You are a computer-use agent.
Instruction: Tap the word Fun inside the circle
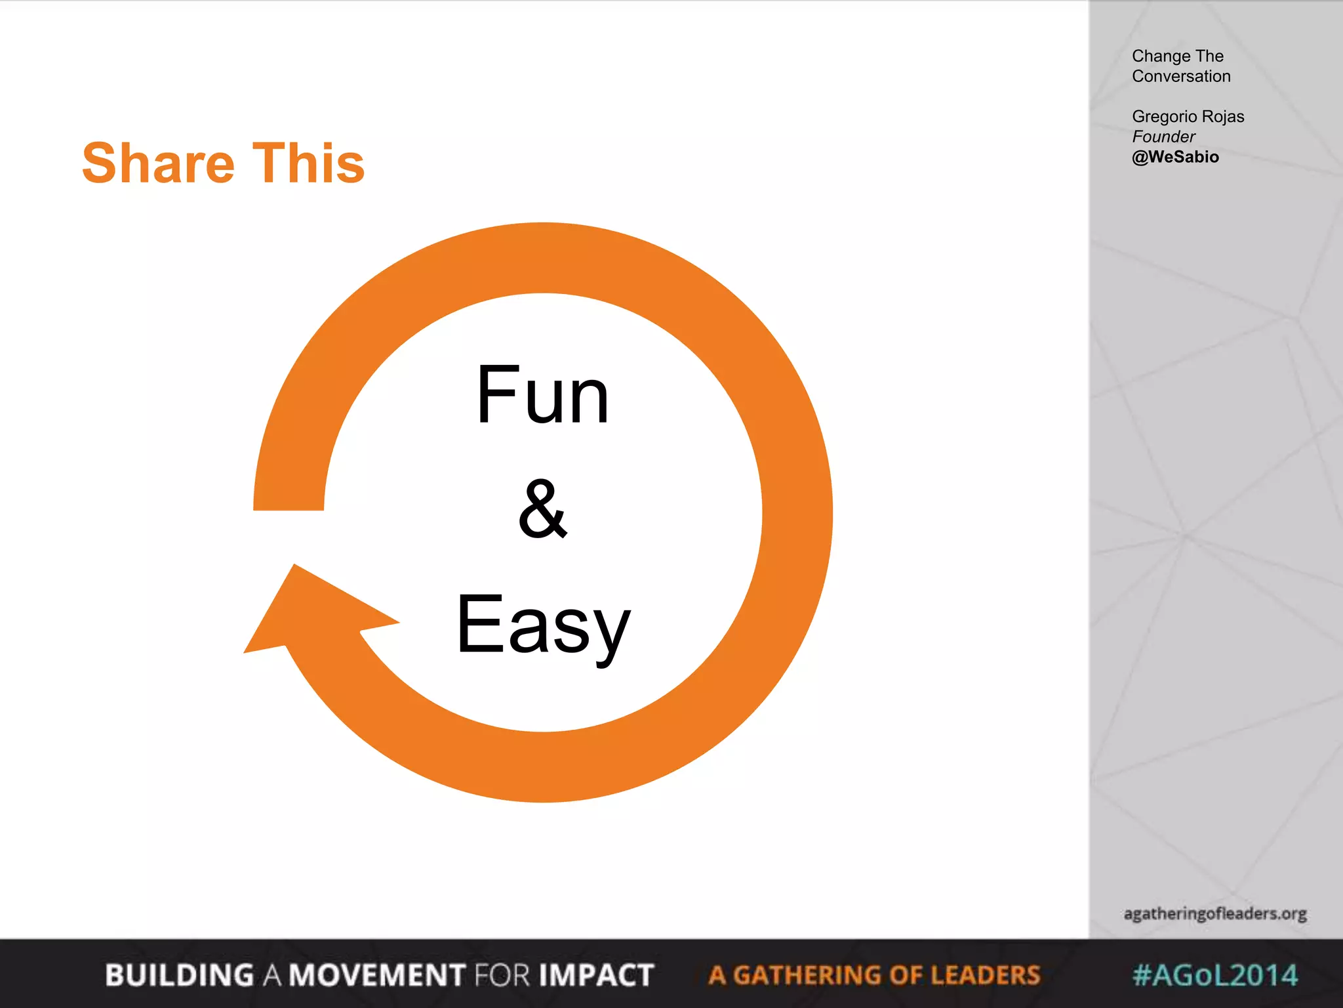coord(543,396)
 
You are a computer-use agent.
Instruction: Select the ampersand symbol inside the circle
coord(542,509)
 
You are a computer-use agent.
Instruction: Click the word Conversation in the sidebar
coord(1181,76)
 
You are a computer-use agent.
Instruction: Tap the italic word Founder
coord(1163,136)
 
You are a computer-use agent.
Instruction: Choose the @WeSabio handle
coord(1175,157)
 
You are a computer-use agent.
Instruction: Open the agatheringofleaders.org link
coord(1215,913)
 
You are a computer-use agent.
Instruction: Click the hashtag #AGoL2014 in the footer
coord(1215,975)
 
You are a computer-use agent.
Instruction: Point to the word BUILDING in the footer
coord(179,975)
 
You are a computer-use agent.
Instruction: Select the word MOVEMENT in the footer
coord(377,975)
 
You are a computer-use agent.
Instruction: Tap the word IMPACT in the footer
coord(596,975)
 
